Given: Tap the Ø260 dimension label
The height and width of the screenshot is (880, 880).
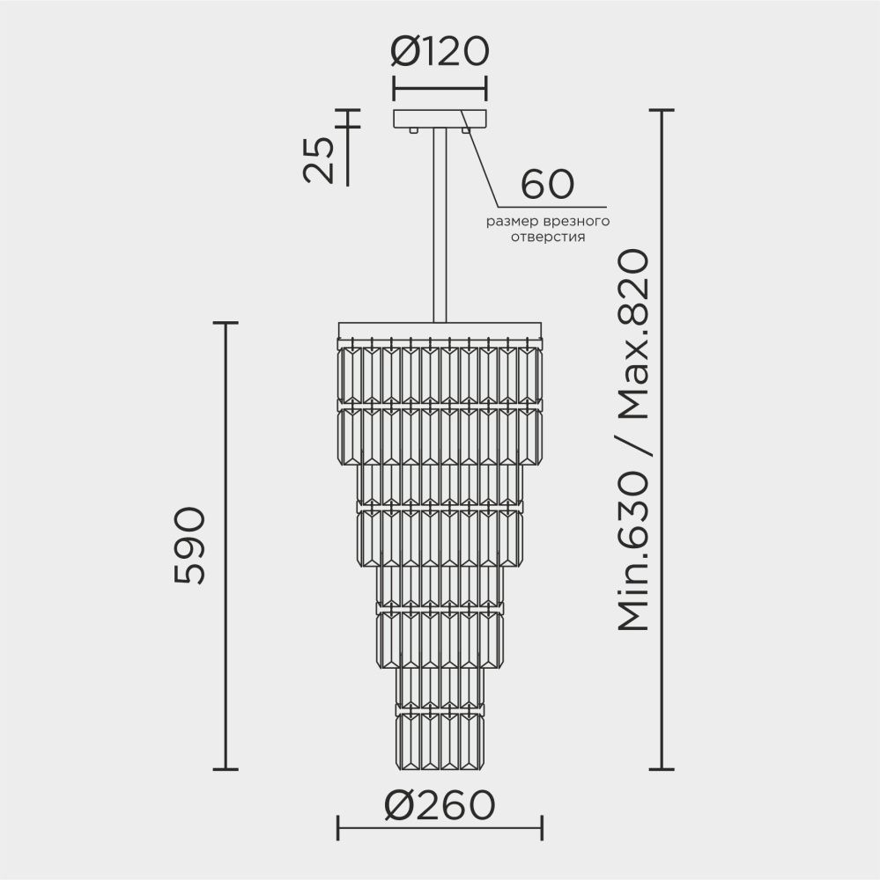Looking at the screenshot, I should point(440,803).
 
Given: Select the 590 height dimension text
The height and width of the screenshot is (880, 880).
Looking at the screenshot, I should point(190,546).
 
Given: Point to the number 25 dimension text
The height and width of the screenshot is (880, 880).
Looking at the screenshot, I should point(320,159).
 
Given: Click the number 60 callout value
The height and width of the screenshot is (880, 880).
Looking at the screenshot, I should point(547,184).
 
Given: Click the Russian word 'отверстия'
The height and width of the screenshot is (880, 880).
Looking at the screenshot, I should point(549,238).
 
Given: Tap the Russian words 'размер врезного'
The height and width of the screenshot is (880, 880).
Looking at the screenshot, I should point(549,222).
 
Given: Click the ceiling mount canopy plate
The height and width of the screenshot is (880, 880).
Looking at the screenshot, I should point(439,119).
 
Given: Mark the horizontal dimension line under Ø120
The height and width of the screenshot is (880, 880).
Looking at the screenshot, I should point(439,88).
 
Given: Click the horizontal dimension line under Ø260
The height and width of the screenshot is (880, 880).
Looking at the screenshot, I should point(440,827).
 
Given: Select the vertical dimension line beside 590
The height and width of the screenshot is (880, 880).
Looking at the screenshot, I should point(227,546).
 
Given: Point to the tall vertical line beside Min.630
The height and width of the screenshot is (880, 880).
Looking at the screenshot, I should point(662,440).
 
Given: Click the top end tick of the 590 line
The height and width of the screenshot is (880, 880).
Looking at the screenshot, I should point(227,323).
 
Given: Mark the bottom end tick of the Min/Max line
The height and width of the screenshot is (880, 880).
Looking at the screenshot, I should point(662,769).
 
